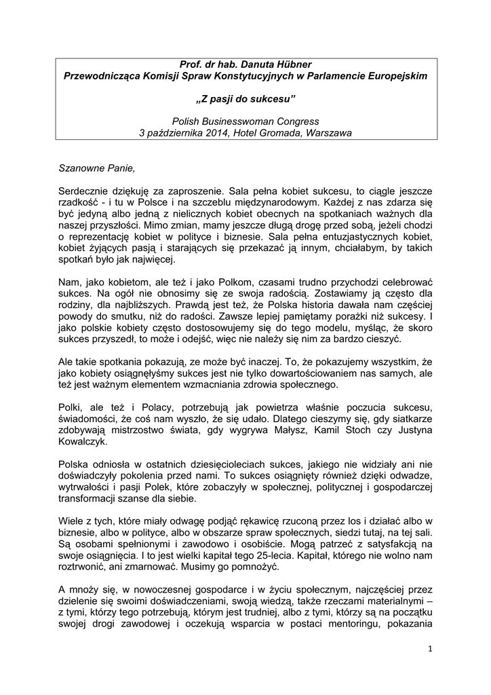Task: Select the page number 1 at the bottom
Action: [429, 648]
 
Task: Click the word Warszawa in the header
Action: [328, 132]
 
